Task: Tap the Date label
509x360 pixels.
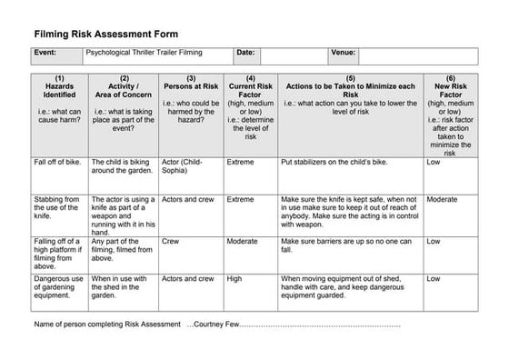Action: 245,54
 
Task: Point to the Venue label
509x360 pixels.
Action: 343,54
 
